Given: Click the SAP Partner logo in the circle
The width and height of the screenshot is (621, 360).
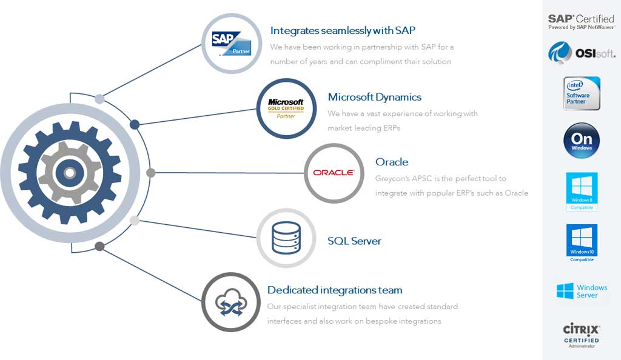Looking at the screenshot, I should click(231, 44).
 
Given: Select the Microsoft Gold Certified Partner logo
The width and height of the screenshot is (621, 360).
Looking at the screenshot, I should click(286, 108).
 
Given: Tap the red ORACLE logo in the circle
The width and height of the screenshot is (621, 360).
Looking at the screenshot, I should click(334, 173).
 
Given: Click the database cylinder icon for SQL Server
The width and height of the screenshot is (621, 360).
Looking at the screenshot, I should click(286, 238).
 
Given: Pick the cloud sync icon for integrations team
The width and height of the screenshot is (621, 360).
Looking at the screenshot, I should click(231, 302).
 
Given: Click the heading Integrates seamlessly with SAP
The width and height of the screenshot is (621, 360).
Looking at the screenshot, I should click(343, 30).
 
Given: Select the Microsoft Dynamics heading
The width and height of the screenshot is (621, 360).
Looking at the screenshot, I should click(374, 97).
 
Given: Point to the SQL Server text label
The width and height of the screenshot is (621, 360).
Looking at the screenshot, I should click(354, 241).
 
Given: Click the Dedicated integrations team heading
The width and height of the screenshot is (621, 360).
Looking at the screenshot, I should click(335, 290).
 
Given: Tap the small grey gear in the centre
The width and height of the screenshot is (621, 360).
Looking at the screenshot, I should click(70, 173).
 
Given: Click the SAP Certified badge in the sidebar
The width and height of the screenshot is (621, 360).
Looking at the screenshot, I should click(581, 22).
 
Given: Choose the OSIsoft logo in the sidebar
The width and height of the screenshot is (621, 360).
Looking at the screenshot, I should click(581, 53).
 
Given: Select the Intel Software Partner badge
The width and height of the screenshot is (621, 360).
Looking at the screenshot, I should click(581, 93).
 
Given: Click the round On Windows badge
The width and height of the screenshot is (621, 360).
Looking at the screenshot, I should click(581, 140).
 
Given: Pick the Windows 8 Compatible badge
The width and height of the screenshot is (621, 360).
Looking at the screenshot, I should click(581, 191).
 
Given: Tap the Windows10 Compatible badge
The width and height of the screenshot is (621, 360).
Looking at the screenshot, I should click(581, 242).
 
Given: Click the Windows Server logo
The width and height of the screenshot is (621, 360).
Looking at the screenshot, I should click(581, 291).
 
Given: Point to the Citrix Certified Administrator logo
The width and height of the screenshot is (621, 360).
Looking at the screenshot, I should click(581, 335).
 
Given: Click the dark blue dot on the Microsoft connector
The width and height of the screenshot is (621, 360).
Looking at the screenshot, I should click(135, 125).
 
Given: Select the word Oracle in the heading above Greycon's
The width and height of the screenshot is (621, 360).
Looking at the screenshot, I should click(392, 162).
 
